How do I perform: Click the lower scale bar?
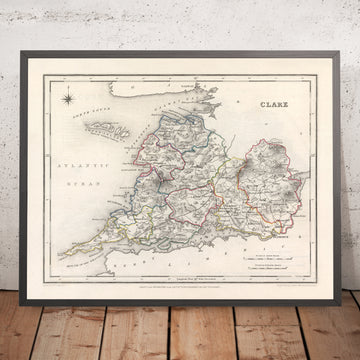pyautogui.click(x=282, y=212)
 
